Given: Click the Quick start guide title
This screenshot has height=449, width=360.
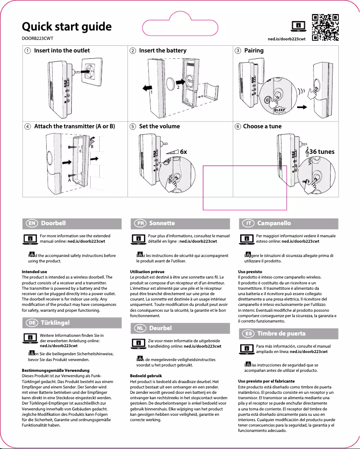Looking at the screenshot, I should pos(67,26).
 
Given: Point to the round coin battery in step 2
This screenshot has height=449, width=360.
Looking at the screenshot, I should pos(170,83).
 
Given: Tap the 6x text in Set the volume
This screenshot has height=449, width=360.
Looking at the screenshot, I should pos(183,152).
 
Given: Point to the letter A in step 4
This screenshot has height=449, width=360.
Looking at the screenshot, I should pos(69,180).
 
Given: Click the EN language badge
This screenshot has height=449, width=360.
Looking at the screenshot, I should pos(31,223).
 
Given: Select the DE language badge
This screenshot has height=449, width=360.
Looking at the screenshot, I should pos(31,323).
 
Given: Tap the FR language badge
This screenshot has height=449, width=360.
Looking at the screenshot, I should pos(140,223).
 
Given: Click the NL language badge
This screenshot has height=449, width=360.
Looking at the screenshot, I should pos(140,328).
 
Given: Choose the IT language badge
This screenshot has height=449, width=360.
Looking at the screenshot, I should pos(248,223).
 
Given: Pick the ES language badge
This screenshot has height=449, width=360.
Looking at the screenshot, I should pos(248,333).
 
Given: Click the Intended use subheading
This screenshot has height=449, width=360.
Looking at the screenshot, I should pos(35,272).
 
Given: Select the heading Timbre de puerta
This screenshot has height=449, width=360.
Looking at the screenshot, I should pos(287,333).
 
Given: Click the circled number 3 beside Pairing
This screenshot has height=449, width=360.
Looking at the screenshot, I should pos(238,51).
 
